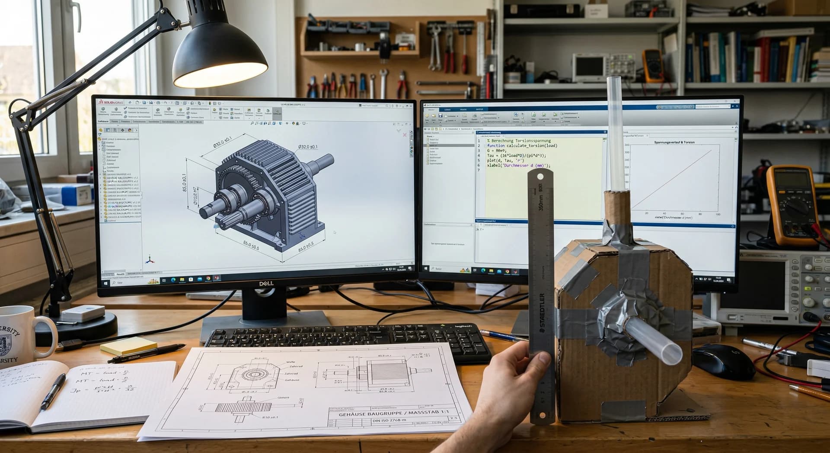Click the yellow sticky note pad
click(128, 346)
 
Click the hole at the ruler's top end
click(540, 177)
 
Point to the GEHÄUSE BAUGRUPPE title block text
click(393, 414)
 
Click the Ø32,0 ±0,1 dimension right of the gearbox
click(307, 147)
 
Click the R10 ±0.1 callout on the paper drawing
click(270, 418)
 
